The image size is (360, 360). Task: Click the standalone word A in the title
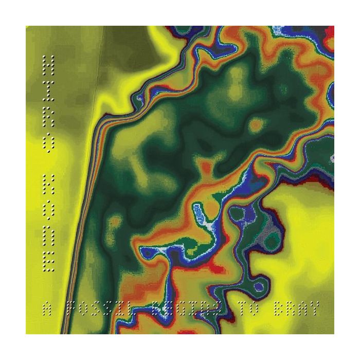pos(47,309)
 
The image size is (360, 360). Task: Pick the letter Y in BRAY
pos(314,309)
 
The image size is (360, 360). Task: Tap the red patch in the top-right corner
pos(330,32)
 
